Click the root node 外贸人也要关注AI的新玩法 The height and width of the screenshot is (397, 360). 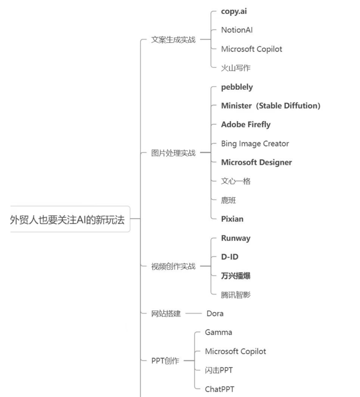coord(67,219)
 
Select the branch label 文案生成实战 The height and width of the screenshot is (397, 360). coord(173,39)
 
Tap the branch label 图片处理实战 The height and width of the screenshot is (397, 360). coord(173,153)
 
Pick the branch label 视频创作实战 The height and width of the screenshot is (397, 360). coord(173,266)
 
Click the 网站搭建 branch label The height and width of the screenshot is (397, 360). coord(166,313)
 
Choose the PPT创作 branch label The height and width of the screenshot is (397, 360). coord(165,361)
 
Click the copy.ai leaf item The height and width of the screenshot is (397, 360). coord(233,11)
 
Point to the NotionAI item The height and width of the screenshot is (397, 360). coord(236,30)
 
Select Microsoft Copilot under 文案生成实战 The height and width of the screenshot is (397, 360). coord(251,49)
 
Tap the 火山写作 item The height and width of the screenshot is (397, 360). coord(235,68)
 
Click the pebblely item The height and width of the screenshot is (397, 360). coord(237,87)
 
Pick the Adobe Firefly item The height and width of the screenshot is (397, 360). coord(245,124)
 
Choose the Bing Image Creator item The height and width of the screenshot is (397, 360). coord(255,143)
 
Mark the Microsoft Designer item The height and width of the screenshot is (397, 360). coord(256,162)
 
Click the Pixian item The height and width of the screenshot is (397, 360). coord(232,219)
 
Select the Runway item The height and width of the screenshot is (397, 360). coord(235,238)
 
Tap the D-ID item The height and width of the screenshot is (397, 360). coord(229,256)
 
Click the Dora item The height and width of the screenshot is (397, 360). coord(215,313)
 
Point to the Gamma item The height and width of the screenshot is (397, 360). coord(218,332)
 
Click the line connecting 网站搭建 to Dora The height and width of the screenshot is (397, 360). coord(193,313)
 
